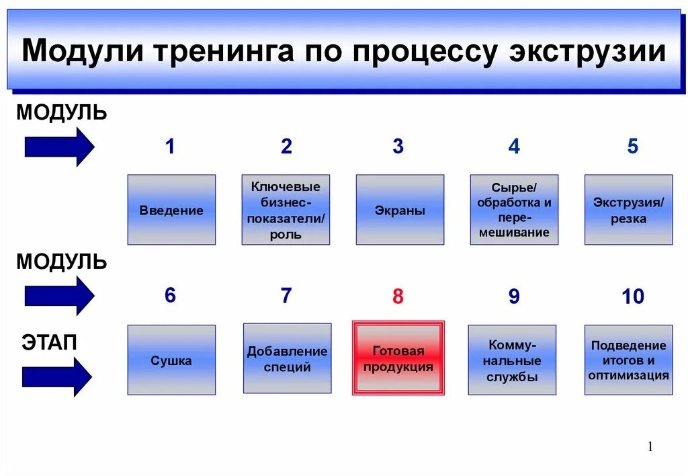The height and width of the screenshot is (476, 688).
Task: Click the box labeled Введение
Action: coord(171,210)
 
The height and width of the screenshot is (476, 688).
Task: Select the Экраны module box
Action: coord(400,210)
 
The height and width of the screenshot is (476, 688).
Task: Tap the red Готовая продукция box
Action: coord(398,358)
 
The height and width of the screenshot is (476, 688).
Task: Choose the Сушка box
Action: coord(171,360)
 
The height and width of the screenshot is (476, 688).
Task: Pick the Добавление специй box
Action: coord(287,358)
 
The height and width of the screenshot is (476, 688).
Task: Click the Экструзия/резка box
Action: coord(628,210)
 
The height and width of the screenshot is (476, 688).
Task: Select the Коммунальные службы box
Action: coord(512,360)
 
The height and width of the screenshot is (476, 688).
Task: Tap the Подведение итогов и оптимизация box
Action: coord(628,360)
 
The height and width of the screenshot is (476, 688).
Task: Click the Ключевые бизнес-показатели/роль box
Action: coord(286,210)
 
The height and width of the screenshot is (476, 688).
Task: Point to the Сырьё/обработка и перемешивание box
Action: coord(514,210)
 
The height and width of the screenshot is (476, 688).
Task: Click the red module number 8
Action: coord(398,296)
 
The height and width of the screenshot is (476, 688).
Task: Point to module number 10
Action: coord(632,296)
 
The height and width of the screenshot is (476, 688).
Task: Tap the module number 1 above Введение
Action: coord(170,147)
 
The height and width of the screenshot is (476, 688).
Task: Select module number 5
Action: coord(632,147)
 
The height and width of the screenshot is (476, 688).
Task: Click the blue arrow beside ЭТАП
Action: coord(57,376)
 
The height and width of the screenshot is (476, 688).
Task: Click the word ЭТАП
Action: coord(49,342)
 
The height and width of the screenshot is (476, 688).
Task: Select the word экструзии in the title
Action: coord(587,52)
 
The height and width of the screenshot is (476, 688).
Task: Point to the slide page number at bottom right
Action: coord(650,447)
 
